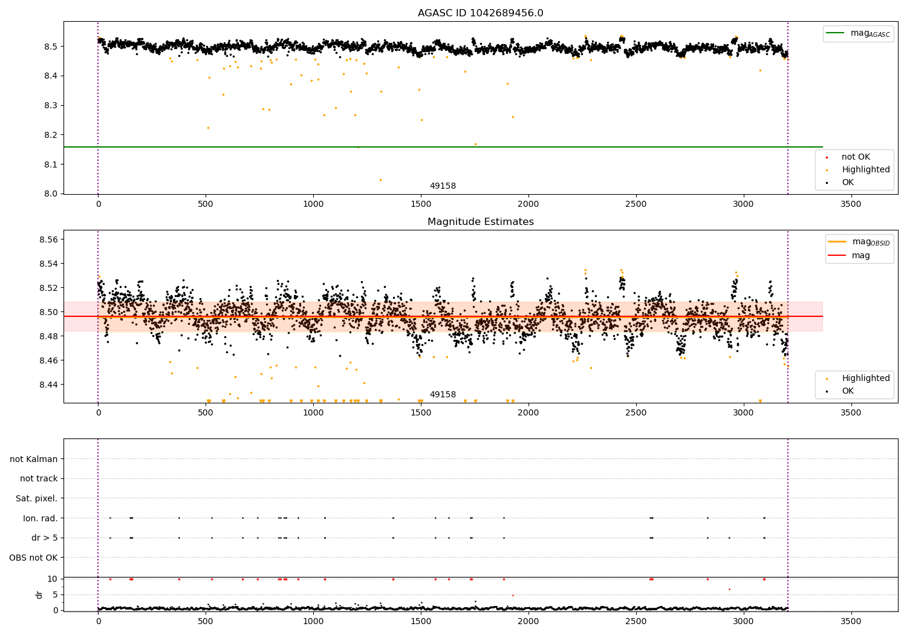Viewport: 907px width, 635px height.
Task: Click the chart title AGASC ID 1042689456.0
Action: [x=480, y=13]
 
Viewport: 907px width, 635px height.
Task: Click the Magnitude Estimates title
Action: [x=480, y=222]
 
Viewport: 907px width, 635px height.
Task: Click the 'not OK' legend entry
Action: [x=855, y=157]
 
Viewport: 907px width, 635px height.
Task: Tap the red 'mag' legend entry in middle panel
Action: [x=860, y=255]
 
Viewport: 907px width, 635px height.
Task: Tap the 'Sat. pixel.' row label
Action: [x=37, y=498]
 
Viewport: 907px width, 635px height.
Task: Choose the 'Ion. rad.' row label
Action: [x=41, y=518]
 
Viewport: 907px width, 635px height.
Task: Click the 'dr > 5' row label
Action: [x=45, y=538]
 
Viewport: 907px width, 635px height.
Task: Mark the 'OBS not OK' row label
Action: [x=34, y=558]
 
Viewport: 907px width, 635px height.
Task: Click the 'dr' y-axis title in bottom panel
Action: [x=39, y=594]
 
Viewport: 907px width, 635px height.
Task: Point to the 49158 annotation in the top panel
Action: [x=443, y=186]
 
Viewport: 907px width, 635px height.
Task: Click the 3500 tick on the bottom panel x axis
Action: [x=851, y=621]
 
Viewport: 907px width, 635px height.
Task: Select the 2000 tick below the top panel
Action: [x=528, y=204]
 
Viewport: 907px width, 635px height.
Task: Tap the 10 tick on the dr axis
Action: [x=53, y=579]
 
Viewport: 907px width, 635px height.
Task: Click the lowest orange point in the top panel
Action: [x=380, y=180]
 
